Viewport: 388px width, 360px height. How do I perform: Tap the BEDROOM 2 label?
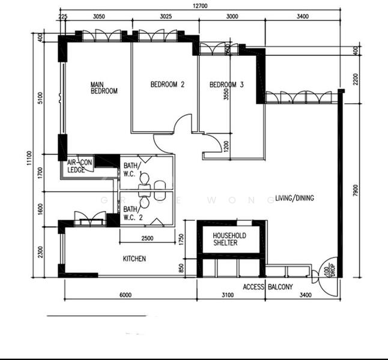(x=167, y=85)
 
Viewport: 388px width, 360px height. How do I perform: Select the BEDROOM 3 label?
(x=226, y=85)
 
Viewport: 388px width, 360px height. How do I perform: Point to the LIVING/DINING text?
(x=294, y=198)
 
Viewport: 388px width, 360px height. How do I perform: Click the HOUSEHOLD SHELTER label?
(x=229, y=239)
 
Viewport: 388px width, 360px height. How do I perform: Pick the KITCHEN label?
(x=135, y=259)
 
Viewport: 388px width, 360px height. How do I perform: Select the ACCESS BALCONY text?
(x=268, y=287)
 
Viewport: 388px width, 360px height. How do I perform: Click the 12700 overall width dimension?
(x=200, y=6)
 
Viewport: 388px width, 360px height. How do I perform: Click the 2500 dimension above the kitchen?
(x=147, y=239)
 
